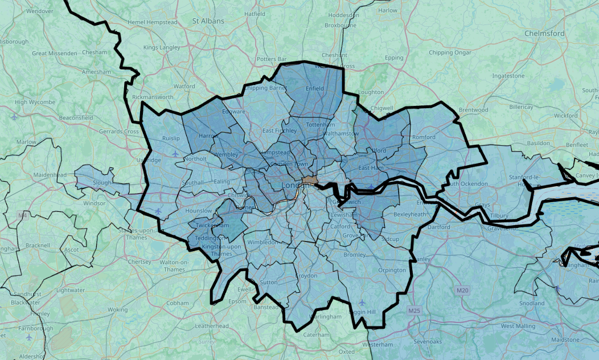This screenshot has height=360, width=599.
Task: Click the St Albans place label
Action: [208, 21]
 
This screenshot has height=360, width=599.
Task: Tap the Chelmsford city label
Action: [545, 34]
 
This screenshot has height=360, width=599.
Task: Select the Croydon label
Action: [306, 276]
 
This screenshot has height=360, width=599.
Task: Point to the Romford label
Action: [424, 137]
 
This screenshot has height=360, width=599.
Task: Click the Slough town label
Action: [102, 183]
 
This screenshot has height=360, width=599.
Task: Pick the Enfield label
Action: [315, 88]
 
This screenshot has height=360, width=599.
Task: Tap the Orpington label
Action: [392, 270]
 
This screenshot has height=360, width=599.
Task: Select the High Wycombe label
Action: [35, 103]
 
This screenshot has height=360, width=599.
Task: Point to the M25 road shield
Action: [414, 311]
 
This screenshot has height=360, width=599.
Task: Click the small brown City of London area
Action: [310, 179]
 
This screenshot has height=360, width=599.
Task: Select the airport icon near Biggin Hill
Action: [362, 302]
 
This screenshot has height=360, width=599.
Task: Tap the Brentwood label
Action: [474, 110]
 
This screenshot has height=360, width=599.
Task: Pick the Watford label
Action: [184, 87]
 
